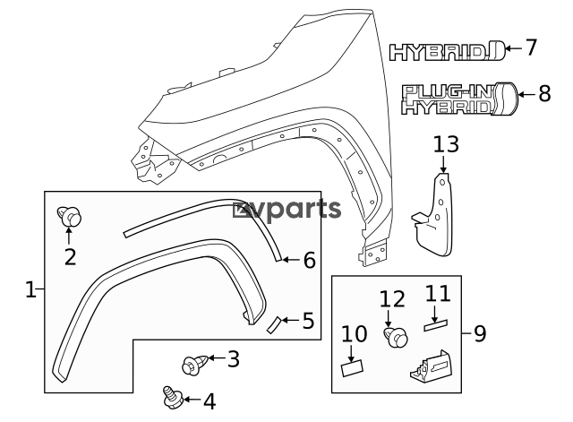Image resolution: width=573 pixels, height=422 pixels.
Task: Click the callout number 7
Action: [x=530, y=47]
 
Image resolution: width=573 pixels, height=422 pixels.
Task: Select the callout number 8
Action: [x=544, y=93]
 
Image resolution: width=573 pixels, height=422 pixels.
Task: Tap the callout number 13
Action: [x=445, y=144]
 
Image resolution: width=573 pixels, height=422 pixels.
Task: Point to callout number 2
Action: [x=70, y=256]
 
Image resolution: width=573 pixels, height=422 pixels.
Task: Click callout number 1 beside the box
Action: [x=30, y=289]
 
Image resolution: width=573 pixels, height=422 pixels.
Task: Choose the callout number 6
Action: [x=309, y=260]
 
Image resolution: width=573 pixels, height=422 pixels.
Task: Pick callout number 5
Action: [x=307, y=319]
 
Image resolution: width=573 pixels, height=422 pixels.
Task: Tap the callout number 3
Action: [x=233, y=359]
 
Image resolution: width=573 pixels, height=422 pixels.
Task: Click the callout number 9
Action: [x=479, y=334]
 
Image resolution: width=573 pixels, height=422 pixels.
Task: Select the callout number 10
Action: [x=355, y=333]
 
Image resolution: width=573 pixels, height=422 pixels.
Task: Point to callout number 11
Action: [x=436, y=293]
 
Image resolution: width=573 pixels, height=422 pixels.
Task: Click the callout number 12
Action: [x=392, y=298]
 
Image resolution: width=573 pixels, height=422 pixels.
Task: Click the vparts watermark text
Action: [x=287, y=210]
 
